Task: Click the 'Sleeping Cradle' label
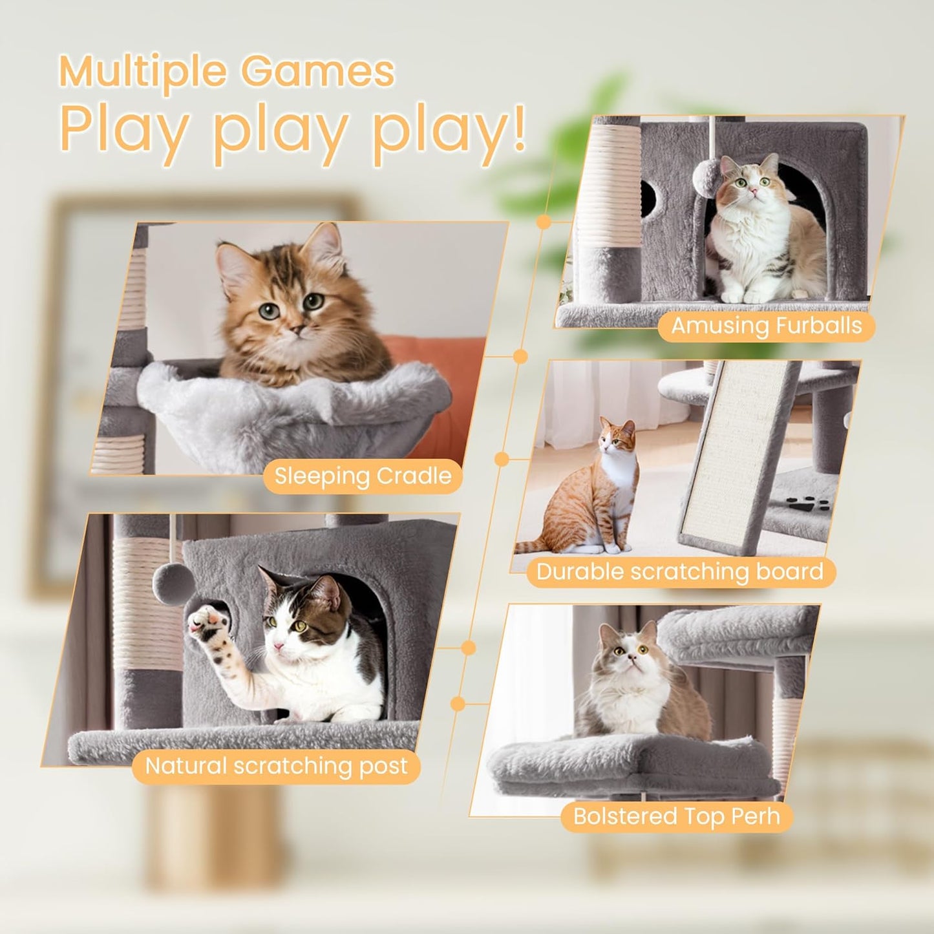coord(363,476)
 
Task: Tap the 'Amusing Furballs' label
coord(766,326)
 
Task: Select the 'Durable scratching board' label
coord(680,572)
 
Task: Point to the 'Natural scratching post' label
coord(276,766)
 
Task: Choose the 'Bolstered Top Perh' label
coord(676,816)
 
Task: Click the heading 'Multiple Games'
coord(226,71)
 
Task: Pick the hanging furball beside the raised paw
coord(174,584)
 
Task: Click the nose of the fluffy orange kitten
coord(297,330)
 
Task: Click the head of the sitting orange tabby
coord(617,438)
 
